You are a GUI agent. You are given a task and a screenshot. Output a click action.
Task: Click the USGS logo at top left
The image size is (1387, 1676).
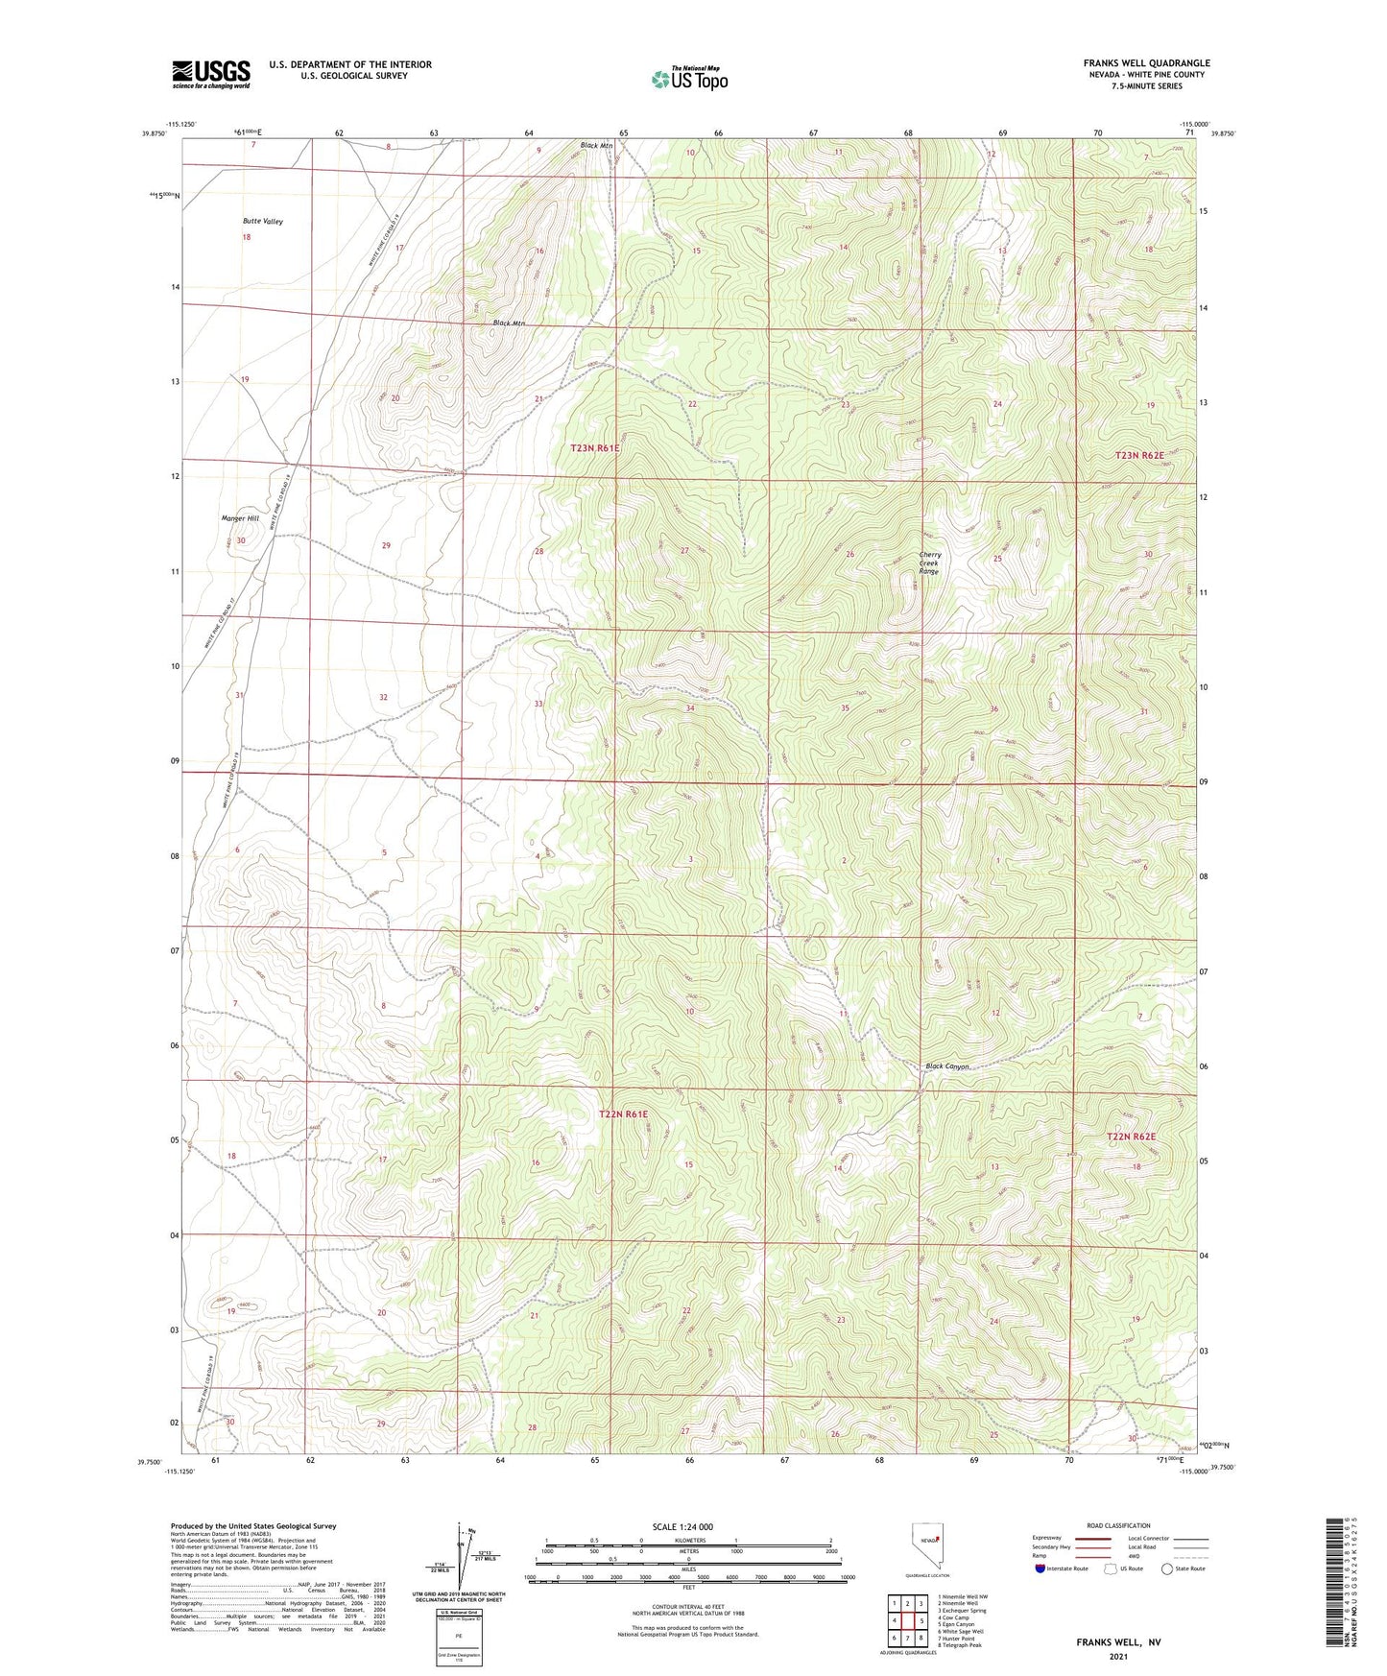click(x=211, y=74)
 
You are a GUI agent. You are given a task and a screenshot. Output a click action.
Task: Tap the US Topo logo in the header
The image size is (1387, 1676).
click(x=689, y=79)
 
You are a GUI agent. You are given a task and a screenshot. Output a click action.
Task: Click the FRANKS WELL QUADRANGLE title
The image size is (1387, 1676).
click(x=1146, y=63)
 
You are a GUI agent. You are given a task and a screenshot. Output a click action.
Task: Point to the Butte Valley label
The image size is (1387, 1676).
click(x=263, y=222)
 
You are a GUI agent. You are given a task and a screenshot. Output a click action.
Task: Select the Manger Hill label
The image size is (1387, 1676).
click(x=240, y=518)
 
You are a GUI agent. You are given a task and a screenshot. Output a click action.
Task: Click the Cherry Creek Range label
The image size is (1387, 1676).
click(x=929, y=563)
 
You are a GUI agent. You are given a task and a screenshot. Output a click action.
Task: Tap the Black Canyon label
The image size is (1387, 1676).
click(x=947, y=1066)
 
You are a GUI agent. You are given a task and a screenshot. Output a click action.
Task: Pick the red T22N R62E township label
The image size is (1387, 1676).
click(x=1132, y=1137)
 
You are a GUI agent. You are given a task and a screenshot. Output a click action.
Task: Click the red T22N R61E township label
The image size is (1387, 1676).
click(x=623, y=1114)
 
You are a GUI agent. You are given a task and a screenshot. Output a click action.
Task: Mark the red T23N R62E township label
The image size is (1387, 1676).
click(x=1139, y=455)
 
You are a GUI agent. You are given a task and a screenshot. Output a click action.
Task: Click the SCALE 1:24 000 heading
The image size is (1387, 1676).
click(x=682, y=1527)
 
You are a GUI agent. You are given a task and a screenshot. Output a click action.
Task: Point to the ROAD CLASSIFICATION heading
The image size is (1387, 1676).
click(x=1118, y=1525)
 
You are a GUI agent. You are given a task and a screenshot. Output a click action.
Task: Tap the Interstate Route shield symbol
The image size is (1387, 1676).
click(x=1040, y=1568)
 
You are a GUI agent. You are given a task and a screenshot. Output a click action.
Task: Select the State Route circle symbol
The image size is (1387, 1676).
click(x=1167, y=1568)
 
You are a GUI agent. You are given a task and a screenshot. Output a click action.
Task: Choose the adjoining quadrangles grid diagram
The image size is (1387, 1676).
click(x=907, y=1620)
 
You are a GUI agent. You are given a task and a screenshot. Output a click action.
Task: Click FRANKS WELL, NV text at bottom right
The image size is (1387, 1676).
click(x=1118, y=1642)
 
